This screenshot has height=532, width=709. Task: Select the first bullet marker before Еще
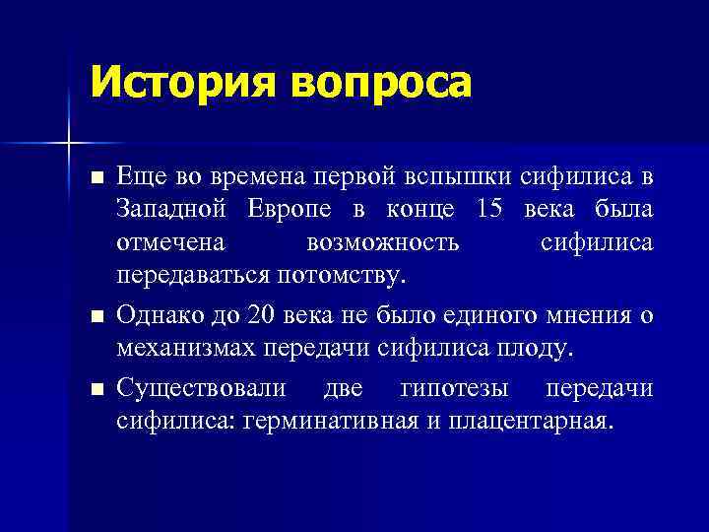click(x=96, y=179)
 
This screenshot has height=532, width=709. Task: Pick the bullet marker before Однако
click(x=96, y=317)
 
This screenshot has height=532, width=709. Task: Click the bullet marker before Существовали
click(x=96, y=390)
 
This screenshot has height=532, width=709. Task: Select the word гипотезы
click(x=458, y=388)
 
